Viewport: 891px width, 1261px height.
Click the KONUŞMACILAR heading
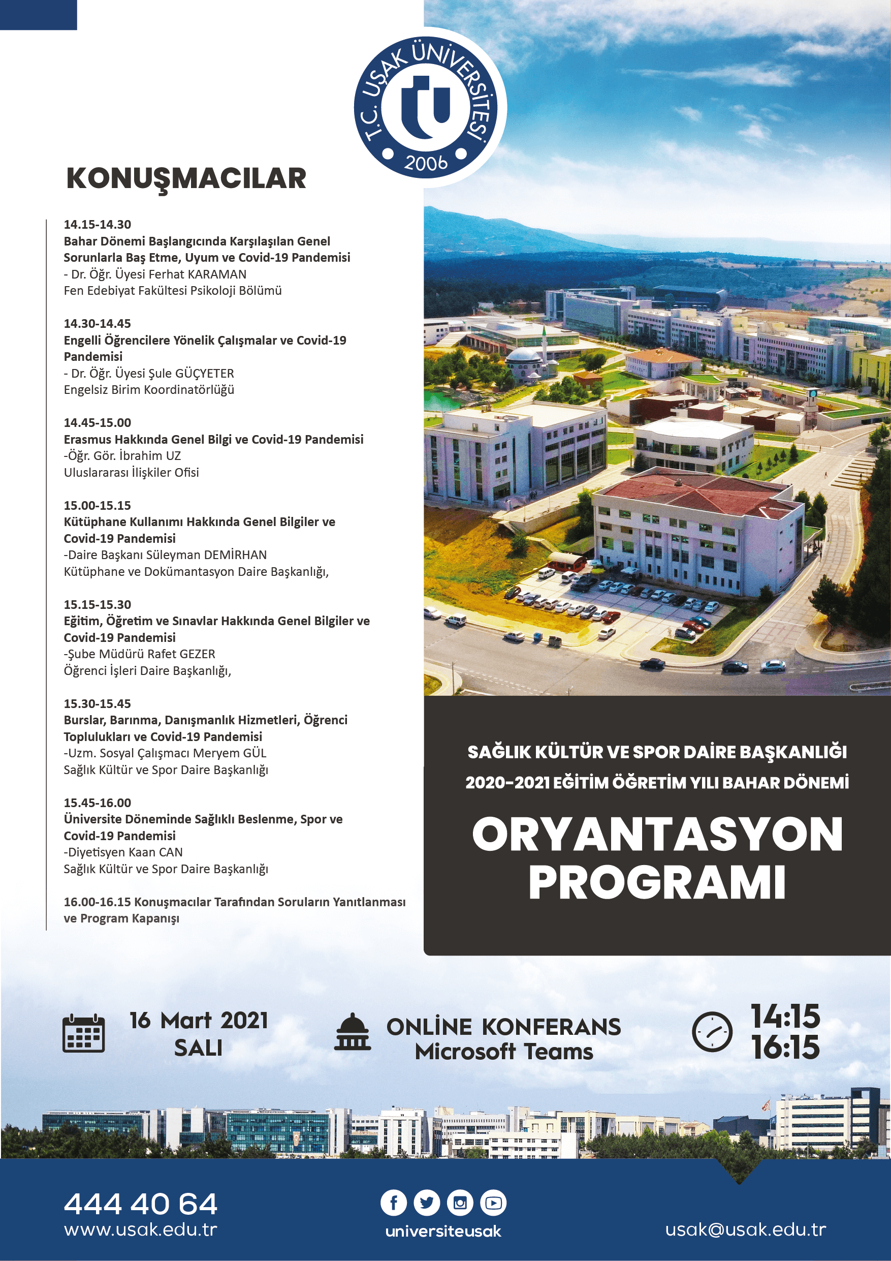(186, 179)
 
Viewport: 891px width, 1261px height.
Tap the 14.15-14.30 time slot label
(97, 225)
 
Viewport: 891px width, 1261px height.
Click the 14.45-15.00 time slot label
(97, 423)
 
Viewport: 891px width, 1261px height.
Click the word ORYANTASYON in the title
(657, 835)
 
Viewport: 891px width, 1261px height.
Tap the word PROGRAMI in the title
(657, 882)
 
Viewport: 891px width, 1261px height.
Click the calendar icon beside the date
(83, 1033)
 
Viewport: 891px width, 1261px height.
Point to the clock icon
(712, 1032)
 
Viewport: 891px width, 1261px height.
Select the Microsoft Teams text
(503, 1052)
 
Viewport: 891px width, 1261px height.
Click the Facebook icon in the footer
(394, 1203)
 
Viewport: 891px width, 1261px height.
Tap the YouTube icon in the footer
(493, 1203)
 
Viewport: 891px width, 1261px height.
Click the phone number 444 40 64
(141, 1204)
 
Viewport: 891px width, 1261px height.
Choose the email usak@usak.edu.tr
(745, 1229)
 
